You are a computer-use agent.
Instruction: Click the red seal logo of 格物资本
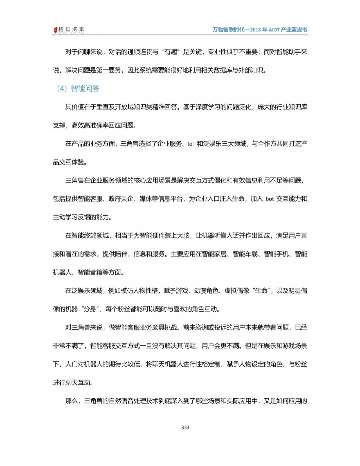pos(56,30)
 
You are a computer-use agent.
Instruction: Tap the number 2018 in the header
pos(256,30)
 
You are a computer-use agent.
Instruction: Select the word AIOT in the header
pos(274,30)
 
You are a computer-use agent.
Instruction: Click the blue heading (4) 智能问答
pos(78,88)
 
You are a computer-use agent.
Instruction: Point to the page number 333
pos(185,427)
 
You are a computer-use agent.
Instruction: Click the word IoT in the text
pos(191,144)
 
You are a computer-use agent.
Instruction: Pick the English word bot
pos(270,199)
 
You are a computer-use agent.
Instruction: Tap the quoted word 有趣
pos(171,52)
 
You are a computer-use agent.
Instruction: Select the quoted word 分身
pos(90,309)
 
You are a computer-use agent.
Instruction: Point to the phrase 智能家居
pos(214,254)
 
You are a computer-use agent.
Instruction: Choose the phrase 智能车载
pos(245,254)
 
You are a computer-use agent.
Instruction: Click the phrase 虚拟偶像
pos(237,291)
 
